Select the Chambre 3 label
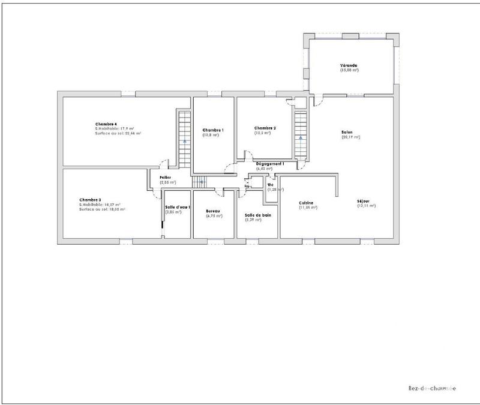[90, 200]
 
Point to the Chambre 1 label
[213, 130]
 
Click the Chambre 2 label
[265, 128]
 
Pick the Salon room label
[347, 132]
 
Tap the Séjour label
[364, 201]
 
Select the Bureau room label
[213, 211]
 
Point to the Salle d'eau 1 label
[178, 207]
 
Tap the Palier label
[166, 178]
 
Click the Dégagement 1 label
[270, 163]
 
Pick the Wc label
[271, 185]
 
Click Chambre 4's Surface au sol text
[118, 133]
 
